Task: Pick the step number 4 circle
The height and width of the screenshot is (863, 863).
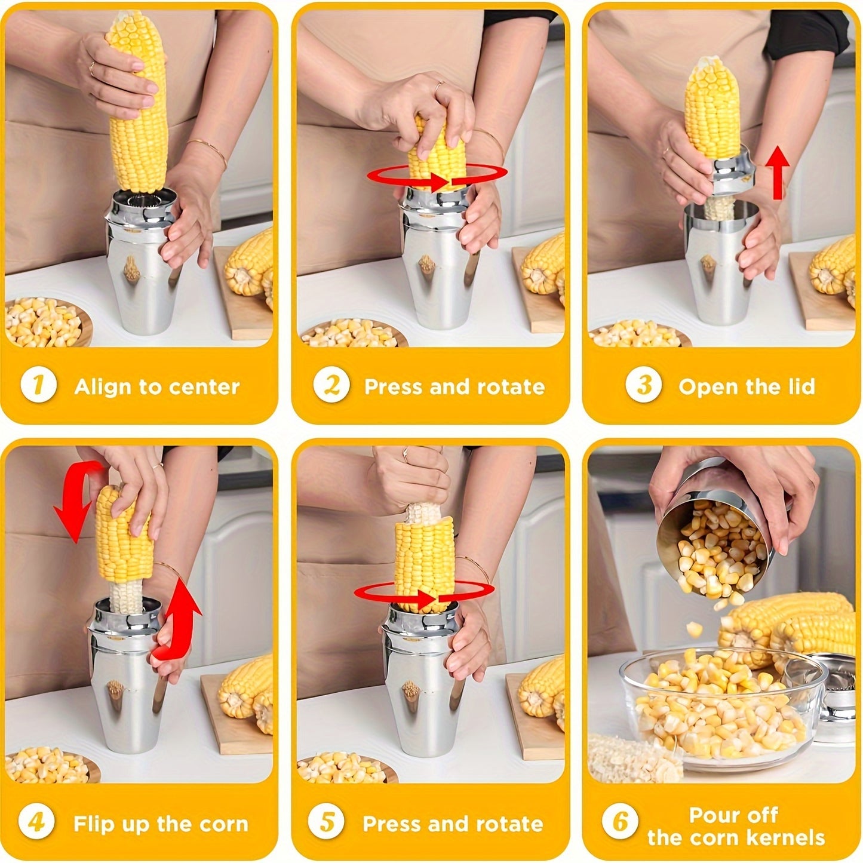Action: (x=36, y=822)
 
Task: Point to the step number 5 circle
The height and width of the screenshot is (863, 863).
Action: (x=327, y=822)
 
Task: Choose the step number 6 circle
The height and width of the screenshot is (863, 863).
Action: (x=621, y=822)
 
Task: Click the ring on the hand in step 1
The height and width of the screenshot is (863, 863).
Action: (x=92, y=68)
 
